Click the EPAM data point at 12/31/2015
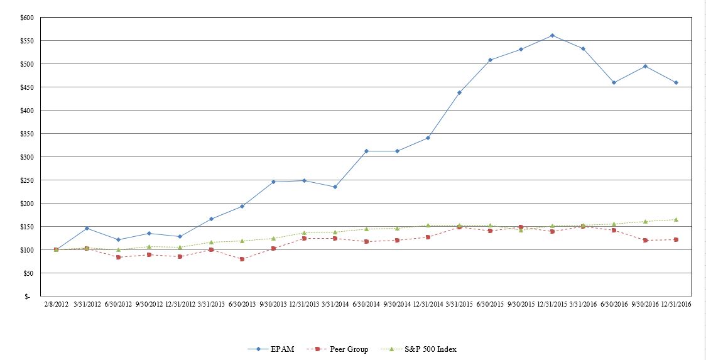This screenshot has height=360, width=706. click(552, 35)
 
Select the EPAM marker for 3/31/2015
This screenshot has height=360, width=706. click(459, 92)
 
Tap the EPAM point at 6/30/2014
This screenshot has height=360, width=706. click(366, 151)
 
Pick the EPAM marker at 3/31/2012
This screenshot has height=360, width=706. click(87, 228)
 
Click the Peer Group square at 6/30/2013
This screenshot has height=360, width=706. click(242, 259)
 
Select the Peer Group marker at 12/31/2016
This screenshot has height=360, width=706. click(676, 239)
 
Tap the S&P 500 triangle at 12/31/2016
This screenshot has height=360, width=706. click(676, 219)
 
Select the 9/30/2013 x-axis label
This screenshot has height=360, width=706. click(273, 305)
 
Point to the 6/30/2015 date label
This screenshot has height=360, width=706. click(490, 305)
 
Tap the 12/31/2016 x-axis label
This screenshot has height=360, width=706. click(676, 305)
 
